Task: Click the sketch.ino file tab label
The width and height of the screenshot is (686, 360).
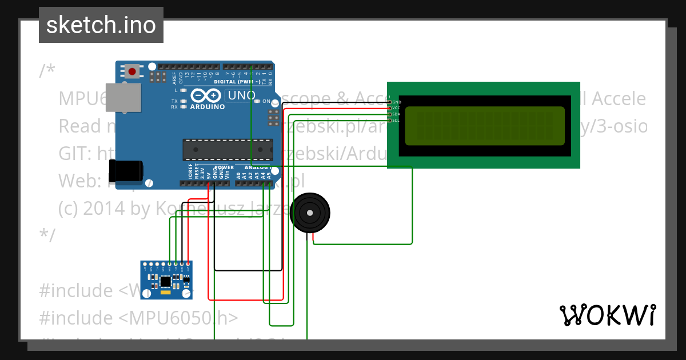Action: tap(101, 25)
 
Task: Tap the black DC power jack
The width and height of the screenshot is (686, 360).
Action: tap(126, 170)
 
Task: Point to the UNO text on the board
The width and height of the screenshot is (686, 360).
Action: tap(241, 95)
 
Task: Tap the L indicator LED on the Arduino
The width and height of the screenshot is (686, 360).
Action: tap(183, 90)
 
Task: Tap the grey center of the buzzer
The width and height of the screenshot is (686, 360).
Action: tap(310, 213)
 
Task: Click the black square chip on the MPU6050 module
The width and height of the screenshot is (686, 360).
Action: tap(165, 281)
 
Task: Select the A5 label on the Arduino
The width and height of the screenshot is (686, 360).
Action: tap(268, 174)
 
